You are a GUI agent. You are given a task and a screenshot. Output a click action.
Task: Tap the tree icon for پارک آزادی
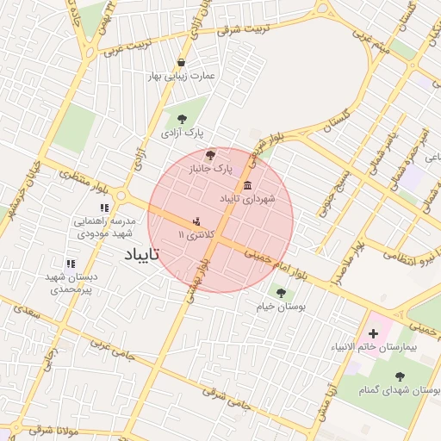coord(181,120)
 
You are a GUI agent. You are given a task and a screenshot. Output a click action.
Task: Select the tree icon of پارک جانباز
coord(212,152)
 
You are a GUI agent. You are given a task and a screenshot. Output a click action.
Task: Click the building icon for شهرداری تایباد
coord(247,185)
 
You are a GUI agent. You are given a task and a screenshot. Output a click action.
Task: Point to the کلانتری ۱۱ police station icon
coord(198,220)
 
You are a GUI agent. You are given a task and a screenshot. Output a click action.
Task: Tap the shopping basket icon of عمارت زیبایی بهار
coord(181,62)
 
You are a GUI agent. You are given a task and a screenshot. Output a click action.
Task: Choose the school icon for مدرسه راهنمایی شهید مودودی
coord(104,208)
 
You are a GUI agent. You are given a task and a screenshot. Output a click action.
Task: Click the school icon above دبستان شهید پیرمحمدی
coord(70,264)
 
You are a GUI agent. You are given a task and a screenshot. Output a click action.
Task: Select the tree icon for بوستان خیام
coord(280,292)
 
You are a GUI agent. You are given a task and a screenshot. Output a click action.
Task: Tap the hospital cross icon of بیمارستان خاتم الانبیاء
coord(372,332)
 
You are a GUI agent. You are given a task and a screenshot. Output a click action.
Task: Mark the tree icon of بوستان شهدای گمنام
coord(399,376)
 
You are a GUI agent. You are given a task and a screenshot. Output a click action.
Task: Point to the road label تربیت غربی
coord(127,48)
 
